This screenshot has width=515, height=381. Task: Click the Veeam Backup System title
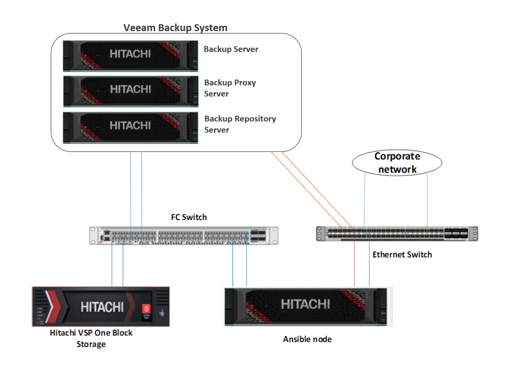(x=175, y=28)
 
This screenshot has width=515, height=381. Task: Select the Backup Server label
(x=231, y=49)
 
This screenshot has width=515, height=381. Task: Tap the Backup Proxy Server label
(x=230, y=88)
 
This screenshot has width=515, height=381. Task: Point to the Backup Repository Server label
(x=240, y=124)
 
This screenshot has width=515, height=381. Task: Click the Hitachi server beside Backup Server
(x=130, y=56)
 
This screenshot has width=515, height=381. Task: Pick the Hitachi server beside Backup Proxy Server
(x=130, y=92)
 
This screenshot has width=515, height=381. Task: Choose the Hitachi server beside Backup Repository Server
(x=130, y=128)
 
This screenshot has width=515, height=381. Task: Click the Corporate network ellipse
(x=397, y=163)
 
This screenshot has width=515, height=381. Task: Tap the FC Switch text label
(x=189, y=217)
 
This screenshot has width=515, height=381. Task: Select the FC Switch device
(x=184, y=236)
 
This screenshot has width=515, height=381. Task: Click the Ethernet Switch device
(x=397, y=234)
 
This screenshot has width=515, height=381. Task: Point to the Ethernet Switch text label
(x=402, y=255)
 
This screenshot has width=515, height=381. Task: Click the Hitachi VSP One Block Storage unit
(x=100, y=306)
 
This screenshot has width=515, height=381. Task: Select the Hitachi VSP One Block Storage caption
(x=91, y=338)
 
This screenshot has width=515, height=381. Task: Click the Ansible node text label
(x=307, y=339)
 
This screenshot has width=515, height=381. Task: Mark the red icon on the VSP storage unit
(x=146, y=309)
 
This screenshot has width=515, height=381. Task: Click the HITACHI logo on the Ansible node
(x=305, y=304)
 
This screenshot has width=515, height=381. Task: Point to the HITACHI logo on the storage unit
(x=102, y=307)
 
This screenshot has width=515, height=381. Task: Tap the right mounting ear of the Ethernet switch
(x=475, y=234)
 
